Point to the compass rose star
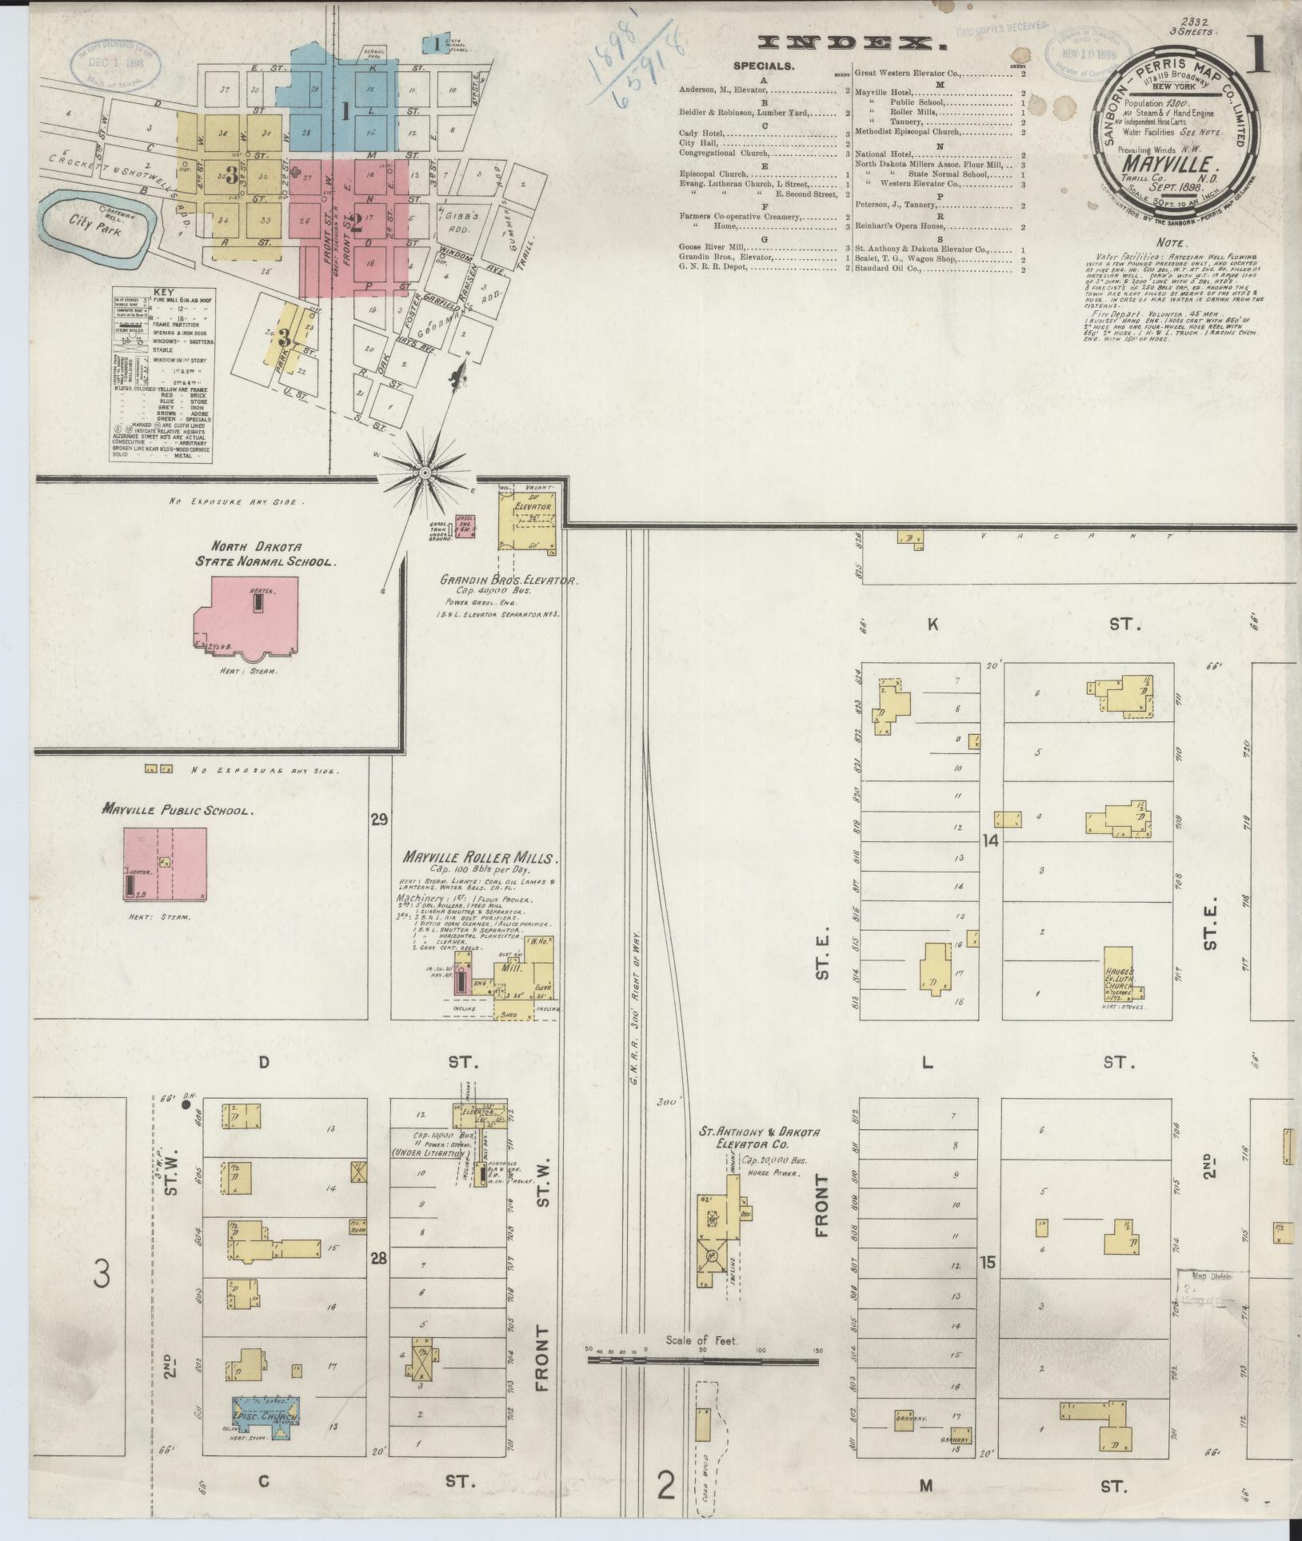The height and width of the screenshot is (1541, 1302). click(425, 473)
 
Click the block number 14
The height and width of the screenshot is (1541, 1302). click(992, 840)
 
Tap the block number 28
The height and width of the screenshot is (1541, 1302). click(378, 1236)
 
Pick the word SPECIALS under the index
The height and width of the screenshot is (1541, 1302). click(764, 66)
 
